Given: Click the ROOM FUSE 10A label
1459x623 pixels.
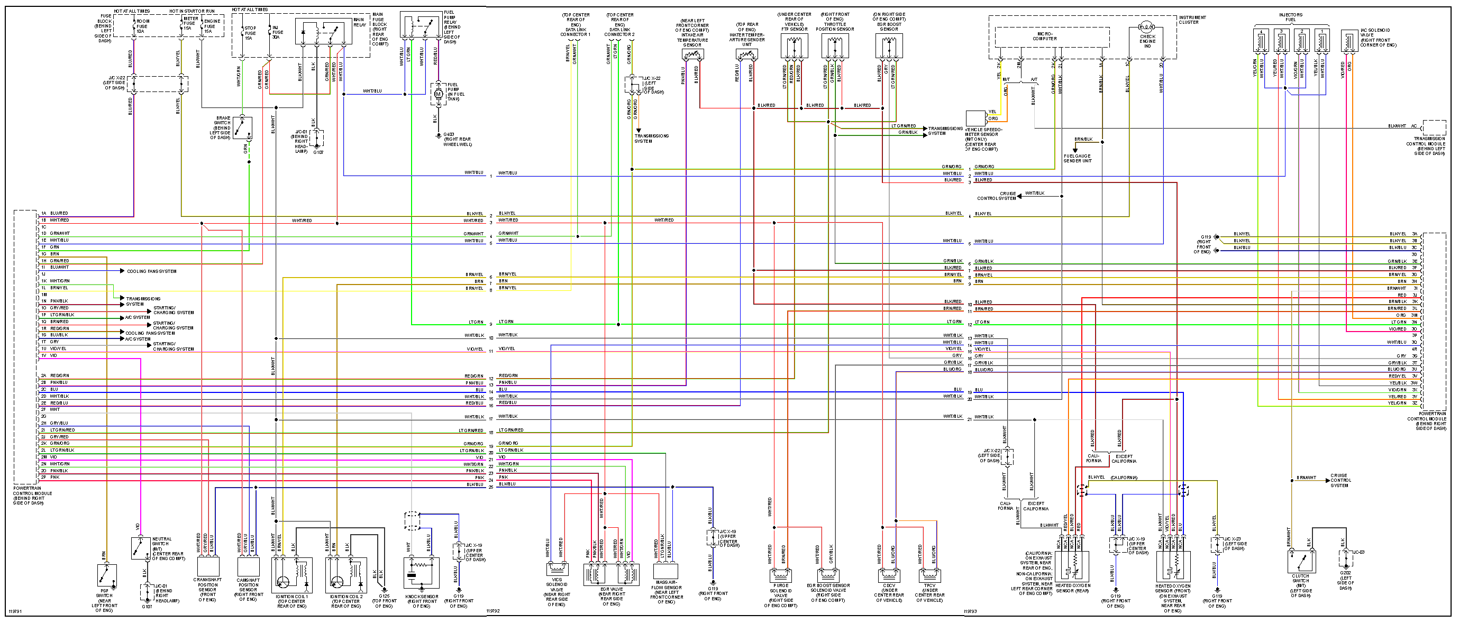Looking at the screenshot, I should pos(142,26).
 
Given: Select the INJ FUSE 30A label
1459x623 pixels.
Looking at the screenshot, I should pos(278,32).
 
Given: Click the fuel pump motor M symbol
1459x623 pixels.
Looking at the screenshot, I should pos(438,94).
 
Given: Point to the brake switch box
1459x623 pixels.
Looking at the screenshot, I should pos(242,128).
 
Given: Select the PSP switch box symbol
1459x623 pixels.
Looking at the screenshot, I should pos(106,575).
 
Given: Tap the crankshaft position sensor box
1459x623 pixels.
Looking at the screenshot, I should pos(208,566).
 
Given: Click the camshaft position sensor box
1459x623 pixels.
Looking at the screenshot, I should pos(248,566).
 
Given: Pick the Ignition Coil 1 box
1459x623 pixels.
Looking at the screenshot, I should pos(291,574).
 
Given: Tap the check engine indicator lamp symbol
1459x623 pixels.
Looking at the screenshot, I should pos(1147,26).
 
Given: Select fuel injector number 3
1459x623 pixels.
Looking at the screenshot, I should pos(1281,41).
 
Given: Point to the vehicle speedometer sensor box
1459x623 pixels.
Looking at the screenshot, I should pos(975,118).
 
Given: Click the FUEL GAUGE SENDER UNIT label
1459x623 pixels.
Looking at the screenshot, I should pos(1077,159).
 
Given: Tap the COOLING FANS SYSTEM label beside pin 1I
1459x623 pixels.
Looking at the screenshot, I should pos(151,271).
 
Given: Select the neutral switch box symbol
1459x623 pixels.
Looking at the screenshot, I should pos(140,548).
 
